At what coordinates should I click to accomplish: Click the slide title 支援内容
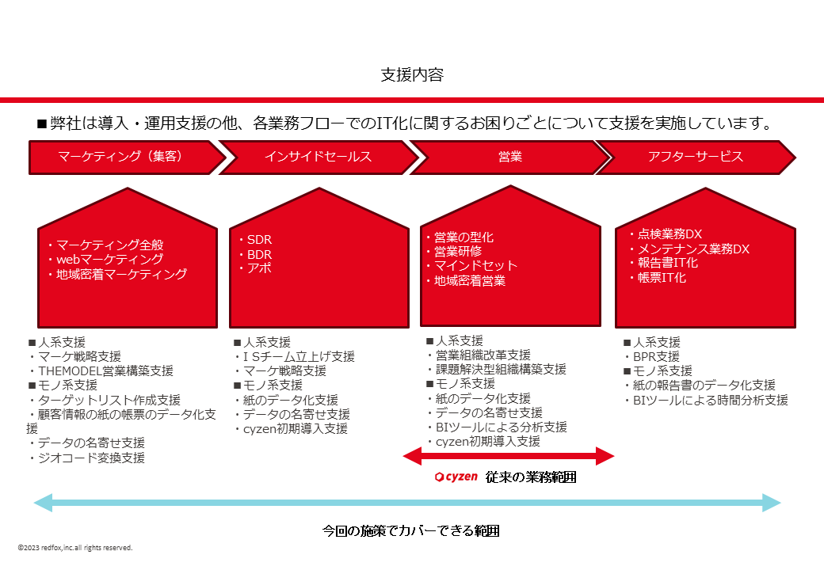pyautogui.click(x=412, y=75)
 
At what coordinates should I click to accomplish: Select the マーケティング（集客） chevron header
pyautogui.click(x=121, y=157)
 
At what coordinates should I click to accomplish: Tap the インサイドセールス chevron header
pyautogui.click(x=318, y=157)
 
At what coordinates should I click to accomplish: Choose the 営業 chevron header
pyautogui.click(x=509, y=157)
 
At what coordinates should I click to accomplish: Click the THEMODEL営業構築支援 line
pyautogui.click(x=101, y=370)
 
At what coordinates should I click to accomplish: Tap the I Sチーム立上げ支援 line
pyautogui.click(x=294, y=356)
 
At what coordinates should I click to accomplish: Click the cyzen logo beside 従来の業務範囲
pyautogui.click(x=456, y=477)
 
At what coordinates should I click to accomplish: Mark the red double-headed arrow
pyautogui.click(x=509, y=455)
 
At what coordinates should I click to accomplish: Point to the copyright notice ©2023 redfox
pyautogui.click(x=75, y=548)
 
